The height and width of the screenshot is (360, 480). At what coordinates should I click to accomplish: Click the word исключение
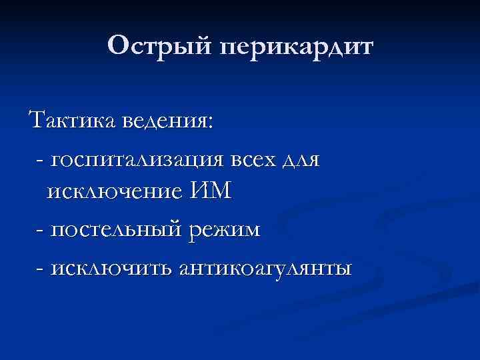coord(113,192)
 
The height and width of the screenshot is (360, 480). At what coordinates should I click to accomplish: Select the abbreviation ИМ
coord(210,192)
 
